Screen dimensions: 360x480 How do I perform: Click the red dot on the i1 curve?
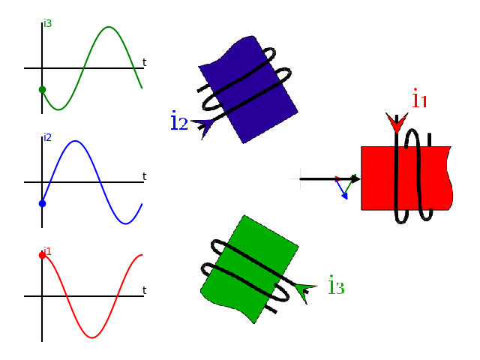coord(42,255)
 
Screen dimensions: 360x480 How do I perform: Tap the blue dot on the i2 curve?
coord(42,203)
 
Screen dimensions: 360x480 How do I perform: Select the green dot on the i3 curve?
coord(42,89)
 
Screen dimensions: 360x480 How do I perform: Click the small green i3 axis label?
coord(48,23)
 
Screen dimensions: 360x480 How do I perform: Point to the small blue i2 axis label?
coord(48,137)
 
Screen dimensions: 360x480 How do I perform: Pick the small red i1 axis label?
coord(47,250)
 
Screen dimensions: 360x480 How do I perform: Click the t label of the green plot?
coord(144,62)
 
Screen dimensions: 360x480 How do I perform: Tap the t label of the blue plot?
coord(144,176)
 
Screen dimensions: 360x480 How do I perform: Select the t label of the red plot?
coord(144,290)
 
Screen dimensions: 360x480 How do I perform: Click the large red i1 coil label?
coord(419,98)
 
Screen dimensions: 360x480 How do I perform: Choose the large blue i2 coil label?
coord(178,121)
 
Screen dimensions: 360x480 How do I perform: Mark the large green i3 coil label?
coord(336,286)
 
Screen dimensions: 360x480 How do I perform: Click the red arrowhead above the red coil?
coord(396,122)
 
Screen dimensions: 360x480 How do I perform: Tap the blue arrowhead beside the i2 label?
coord(203,125)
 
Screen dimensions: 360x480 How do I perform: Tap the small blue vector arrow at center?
coord(343,190)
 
